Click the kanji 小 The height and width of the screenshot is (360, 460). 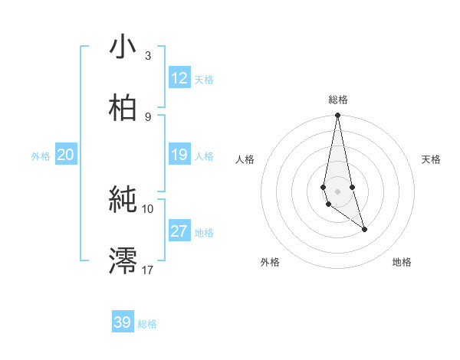123,47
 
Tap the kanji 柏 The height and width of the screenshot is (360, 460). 123,109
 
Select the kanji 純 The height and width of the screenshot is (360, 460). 123,201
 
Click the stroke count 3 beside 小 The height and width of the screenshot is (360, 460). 148,55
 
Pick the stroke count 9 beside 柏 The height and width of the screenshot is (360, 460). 148,116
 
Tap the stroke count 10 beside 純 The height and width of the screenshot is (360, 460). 148,208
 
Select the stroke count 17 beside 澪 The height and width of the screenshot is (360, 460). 148,270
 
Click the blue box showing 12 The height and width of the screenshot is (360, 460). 179,78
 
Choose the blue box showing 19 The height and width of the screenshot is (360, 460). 179,155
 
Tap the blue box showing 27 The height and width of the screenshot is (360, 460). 179,231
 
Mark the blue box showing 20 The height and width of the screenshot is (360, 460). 65,155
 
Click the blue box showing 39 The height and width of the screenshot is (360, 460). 123,322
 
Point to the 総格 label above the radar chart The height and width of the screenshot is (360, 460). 337,100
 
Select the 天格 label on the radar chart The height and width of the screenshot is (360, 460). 432,159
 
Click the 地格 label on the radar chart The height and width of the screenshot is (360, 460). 402,262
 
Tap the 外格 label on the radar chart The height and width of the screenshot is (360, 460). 270,262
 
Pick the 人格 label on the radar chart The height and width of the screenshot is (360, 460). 245,159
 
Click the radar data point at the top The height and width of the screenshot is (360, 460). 337,116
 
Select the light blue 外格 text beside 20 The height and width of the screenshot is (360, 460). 41,156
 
